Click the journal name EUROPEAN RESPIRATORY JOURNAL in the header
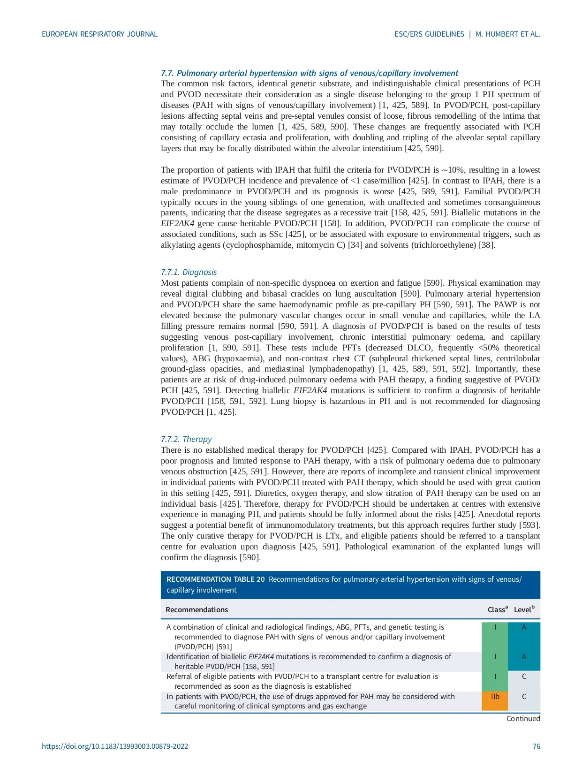(x=99, y=34)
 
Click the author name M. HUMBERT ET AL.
(x=507, y=34)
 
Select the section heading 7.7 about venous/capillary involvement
(x=309, y=73)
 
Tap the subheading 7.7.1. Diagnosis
(x=189, y=272)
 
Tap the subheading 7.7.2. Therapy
(x=186, y=439)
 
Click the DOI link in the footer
(x=115, y=746)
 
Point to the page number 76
(x=536, y=746)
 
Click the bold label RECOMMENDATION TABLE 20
(x=215, y=579)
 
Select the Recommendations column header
(x=197, y=610)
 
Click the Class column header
(x=497, y=610)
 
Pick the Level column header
(x=523, y=610)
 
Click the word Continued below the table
(x=523, y=719)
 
